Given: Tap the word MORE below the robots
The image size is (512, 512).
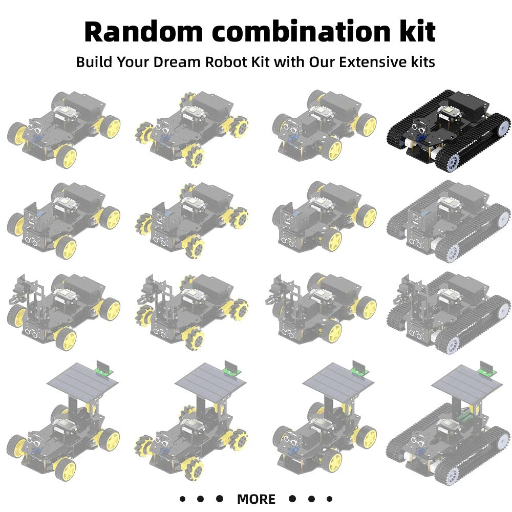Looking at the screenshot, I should pyautogui.click(x=256, y=499).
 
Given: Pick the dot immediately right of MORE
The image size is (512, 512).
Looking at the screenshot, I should pyautogui.click(x=292, y=499).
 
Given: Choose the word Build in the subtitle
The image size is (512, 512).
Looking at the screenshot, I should pyautogui.click(x=94, y=62).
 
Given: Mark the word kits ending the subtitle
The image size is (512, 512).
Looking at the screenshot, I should pyautogui.click(x=421, y=62).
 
